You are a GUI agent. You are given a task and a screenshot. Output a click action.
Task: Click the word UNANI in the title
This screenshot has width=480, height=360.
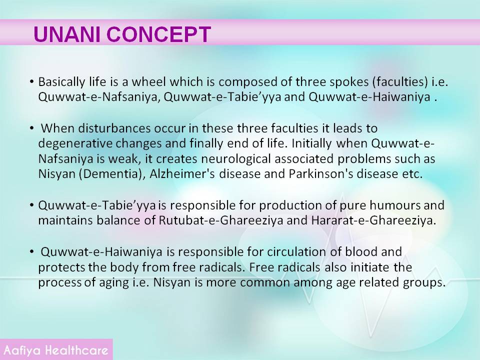(x=67, y=34)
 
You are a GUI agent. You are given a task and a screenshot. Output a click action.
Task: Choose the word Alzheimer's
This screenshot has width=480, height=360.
(x=182, y=173)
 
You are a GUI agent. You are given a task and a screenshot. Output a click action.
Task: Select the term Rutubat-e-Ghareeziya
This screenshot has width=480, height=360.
(x=220, y=220)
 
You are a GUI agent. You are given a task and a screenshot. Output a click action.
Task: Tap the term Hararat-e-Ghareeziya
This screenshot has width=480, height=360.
(x=373, y=220)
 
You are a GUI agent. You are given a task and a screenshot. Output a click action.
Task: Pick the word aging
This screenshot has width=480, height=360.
(x=114, y=282)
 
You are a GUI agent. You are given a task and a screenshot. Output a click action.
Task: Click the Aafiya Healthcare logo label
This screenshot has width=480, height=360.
(x=55, y=350)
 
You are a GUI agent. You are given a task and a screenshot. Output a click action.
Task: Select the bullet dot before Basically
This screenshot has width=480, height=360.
(x=32, y=81)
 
